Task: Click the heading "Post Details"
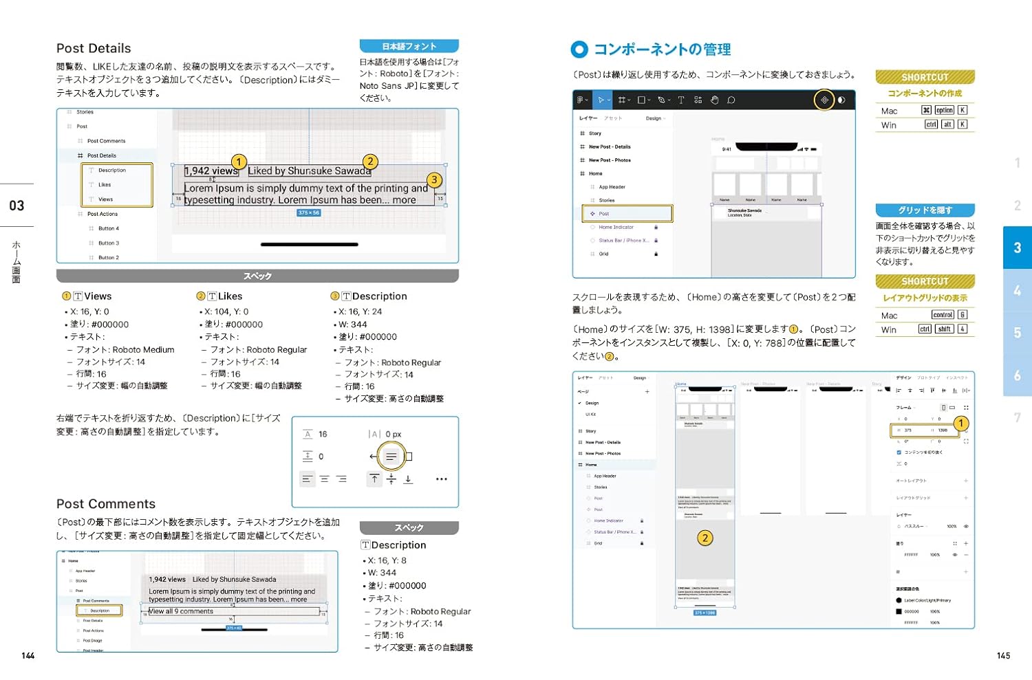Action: point(94,48)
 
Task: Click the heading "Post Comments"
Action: point(106,504)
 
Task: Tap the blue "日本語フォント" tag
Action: point(409,46)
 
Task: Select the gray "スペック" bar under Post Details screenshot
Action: point(257,276)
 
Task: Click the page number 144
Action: point(28,656)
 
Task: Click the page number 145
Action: point(1003,656)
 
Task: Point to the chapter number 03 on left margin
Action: point(17,206)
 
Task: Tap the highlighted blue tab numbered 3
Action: point(1017,248)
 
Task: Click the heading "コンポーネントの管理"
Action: point(662,50)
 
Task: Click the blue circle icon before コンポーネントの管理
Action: point(579,50)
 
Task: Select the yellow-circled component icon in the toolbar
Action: point(824,100)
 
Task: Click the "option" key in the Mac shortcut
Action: point(945,111)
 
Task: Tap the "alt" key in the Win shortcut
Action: point(947,125)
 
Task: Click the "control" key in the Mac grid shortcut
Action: point(943,315)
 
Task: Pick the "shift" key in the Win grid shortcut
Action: point(945,329)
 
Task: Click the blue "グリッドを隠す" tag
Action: point(925,210)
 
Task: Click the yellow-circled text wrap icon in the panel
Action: point(391,457)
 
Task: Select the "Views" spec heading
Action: point(98,296)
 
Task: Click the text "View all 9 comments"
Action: point(182,611)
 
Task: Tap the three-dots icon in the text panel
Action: point(442,479)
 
